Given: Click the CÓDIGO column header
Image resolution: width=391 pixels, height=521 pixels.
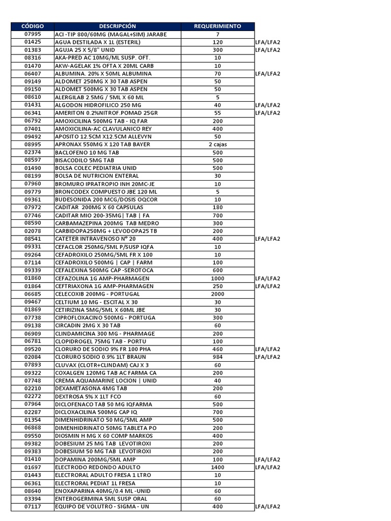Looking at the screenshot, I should (x=33, y=26).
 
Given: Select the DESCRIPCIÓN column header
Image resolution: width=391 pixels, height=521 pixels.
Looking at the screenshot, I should (x=118, y=26).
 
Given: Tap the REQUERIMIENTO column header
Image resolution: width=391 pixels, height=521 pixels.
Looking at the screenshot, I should (x=217, y=26).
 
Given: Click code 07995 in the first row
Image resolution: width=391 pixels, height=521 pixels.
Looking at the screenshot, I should (x=33, y=34).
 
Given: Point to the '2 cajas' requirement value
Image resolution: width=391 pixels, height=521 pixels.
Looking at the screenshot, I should (x=217, y=144).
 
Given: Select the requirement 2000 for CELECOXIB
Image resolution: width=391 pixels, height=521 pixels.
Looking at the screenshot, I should (x=217, y=294).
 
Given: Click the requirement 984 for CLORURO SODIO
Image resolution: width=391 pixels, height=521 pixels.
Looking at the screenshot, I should (x=217, y=357).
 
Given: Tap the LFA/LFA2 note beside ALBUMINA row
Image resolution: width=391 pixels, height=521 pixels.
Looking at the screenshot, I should (x=268, y=74).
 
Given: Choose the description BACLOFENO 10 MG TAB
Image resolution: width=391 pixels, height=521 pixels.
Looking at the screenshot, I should (x=87, y=152).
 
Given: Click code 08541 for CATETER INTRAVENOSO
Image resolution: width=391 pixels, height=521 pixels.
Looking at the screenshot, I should (x=33, y=239).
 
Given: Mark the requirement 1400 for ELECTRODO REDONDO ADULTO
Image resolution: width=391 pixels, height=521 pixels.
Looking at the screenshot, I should (x=217, y=467).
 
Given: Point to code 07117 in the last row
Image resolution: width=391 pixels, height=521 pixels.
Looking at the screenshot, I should (x=33, y=506).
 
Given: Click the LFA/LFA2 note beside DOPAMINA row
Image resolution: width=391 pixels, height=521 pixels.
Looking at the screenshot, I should (x=268, y=459).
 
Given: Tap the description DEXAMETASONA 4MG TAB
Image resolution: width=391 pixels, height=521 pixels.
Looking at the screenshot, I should (x=91, y=388).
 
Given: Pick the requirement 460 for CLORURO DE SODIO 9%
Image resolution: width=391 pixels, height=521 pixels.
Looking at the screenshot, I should (x=217, y=349).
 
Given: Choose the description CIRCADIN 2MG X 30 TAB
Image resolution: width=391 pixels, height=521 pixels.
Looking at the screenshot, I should (x=88, y=325).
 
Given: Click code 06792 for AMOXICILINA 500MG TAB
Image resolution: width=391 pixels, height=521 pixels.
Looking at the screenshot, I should (x=33, y=121).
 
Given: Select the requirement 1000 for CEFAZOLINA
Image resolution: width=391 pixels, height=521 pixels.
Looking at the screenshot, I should (x=217, y=278).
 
